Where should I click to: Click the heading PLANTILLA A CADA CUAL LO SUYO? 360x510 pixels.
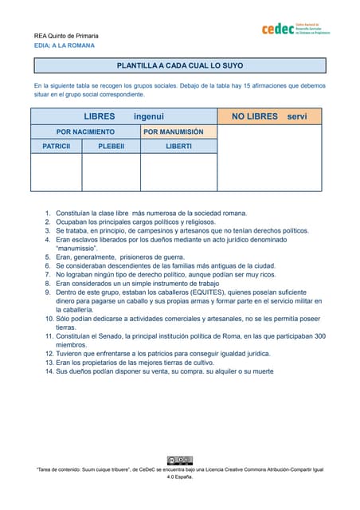click(x=180, y=65)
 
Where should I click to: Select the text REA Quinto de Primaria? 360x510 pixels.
click(x=66, y=36)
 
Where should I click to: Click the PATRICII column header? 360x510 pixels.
click(x=56, y=147)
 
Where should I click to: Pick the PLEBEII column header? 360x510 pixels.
click(x=111, y=147)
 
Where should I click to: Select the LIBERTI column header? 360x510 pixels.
click(x=178, y=147)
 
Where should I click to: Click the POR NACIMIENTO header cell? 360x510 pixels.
click(x=85, y=131)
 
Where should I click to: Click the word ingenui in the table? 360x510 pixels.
click(x=149, y=116)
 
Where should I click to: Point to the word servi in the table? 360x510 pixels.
click(x=297, y=116)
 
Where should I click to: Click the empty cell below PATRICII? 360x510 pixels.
click(x=56, y=172)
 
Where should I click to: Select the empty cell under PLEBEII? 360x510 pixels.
click(x=111, y=172)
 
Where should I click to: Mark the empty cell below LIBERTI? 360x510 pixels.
click(x=178, y=172)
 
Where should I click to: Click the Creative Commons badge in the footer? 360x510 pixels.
click(x=179, y=460)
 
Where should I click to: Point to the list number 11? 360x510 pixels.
click(x=48, y=336)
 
